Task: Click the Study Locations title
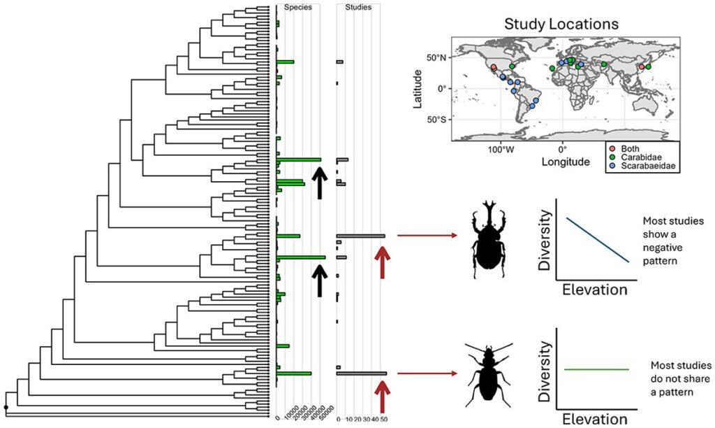click(561, 24)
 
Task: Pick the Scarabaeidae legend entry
click(647, 167)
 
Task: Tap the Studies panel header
click(359, 8)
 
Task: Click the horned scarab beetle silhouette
click(489, 235)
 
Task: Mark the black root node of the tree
click(6, 406)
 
